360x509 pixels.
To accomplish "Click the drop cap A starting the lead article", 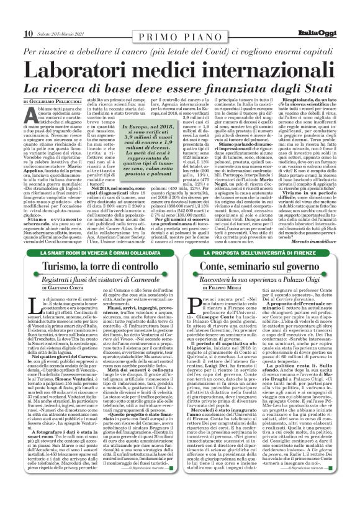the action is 30,115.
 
